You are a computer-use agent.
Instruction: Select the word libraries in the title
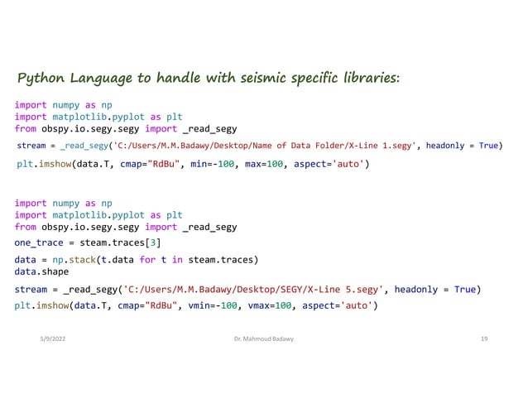point(365,79)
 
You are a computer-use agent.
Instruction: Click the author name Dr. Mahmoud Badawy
point(264,339)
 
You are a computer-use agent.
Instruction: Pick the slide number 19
point(483,339)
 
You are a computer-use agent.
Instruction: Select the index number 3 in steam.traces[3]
point(155,242)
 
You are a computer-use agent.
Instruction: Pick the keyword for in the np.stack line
point(148,259)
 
